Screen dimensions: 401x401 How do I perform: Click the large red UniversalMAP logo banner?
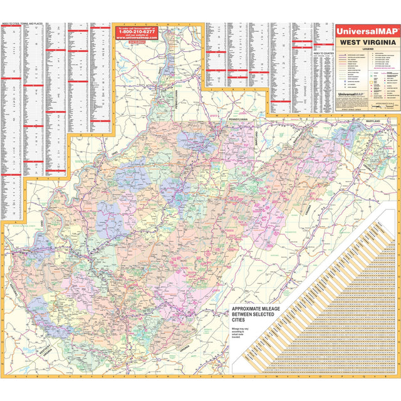367,29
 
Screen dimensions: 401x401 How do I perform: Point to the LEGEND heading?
367,49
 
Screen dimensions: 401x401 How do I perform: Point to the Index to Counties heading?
325,53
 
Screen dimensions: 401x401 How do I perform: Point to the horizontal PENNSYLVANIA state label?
238,118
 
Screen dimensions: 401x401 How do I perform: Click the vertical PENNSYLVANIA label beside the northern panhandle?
176,100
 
